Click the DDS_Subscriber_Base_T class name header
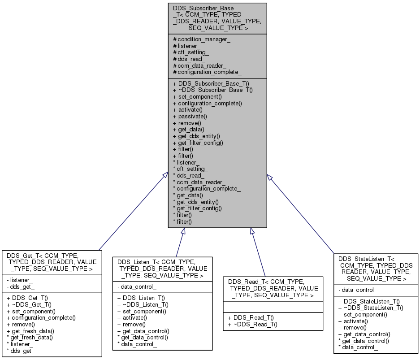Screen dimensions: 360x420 coord(217,18)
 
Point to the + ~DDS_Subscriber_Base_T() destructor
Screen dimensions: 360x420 coord(213,90)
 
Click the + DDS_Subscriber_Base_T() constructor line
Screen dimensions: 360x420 coord(211,83)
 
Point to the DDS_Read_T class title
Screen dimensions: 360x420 coord(273,288)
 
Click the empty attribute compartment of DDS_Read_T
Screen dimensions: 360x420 coord(273,307)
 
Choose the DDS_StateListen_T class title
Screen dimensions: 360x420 coord(376,269)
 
